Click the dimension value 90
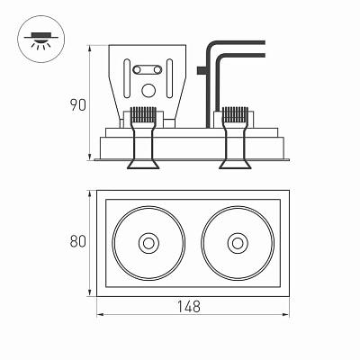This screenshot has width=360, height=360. click(x=78, y=105)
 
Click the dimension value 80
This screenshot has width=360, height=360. click(x=78, y=241)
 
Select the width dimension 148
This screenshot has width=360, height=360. click(x=188, y=307)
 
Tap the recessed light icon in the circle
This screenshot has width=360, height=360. click(x=41, y=40)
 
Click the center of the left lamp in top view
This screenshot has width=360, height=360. click(x=148, y=243)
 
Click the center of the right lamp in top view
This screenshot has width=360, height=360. click(x=238, y=243)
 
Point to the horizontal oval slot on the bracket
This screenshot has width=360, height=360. click(x=148, y=70)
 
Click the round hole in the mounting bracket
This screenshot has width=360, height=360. click(x=148, y=91)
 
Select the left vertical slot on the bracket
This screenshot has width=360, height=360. click(x=127, y=78)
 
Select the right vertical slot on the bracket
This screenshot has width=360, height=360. click(x=169, y=78)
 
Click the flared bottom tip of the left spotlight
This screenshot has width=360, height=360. click(x=143, y=165)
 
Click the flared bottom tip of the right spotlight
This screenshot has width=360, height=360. click(x=235, y=165)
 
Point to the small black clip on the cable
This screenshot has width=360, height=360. click(x=202, y=70)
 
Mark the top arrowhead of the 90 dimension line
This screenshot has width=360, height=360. click(x=89, y=48)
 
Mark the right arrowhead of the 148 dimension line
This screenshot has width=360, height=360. click(x=286, y=314)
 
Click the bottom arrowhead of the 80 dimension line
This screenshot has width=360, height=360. click(x=89, y=293)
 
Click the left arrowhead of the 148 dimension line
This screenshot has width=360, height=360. click(x=100, y=314)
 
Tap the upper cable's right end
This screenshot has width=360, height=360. click(x=265, y=42)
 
